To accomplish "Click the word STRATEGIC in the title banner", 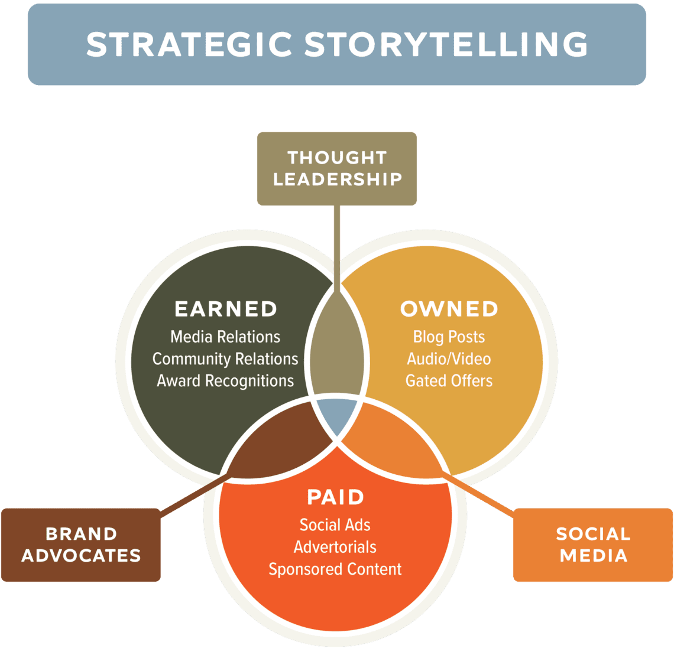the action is click(x=189, y=44).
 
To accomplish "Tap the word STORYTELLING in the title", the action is click(x=446, y=44).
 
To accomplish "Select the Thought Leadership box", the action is click(x=337, y=168).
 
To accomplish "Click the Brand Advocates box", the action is click(x=81, y=545).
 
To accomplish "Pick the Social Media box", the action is click(x=593, y=545).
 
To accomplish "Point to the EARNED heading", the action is click(x=226, y=309).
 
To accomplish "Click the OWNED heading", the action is click(x=449, y=309).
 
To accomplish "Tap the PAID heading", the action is click(x=336, y=497).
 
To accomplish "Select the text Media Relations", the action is click(x=225, y=337).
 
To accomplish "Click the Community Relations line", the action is click(x=225, y=359).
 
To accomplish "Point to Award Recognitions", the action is click(x=225, y=381).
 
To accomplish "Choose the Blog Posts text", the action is click(x=449, y=337).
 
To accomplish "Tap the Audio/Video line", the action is click(x=449, y=359).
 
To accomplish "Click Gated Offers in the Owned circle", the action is click(x=449, y=381).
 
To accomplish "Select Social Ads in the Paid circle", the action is click(x=335, y=525).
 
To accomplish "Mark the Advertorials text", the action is click(x=335, y=547).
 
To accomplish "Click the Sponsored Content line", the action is click(x=335, y=569).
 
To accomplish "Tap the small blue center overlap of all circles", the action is click(x=336, y=415).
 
